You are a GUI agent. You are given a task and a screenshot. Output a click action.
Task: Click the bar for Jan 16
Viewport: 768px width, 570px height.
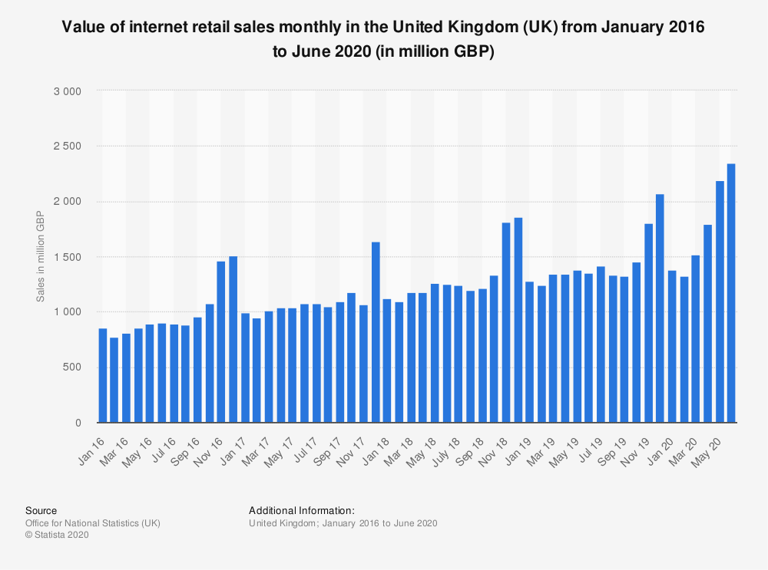point(103,375)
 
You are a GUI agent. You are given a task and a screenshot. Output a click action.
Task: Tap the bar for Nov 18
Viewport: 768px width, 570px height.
point(506,322)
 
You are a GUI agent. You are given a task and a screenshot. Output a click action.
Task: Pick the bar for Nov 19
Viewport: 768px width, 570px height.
point(648,323)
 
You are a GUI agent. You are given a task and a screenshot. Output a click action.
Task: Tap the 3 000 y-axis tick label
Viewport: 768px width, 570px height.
point(68,91)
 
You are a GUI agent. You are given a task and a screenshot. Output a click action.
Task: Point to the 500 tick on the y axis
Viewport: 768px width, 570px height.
point(73,367)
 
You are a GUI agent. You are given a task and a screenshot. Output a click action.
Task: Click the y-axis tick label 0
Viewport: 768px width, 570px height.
point(78,423)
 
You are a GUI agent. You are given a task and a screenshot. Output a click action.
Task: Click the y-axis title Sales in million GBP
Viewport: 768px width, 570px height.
point(40,257)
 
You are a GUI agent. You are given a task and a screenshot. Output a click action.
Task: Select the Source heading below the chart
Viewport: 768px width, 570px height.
point(41,510)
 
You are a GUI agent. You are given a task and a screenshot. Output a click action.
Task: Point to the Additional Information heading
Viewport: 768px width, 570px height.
point(301,510)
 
